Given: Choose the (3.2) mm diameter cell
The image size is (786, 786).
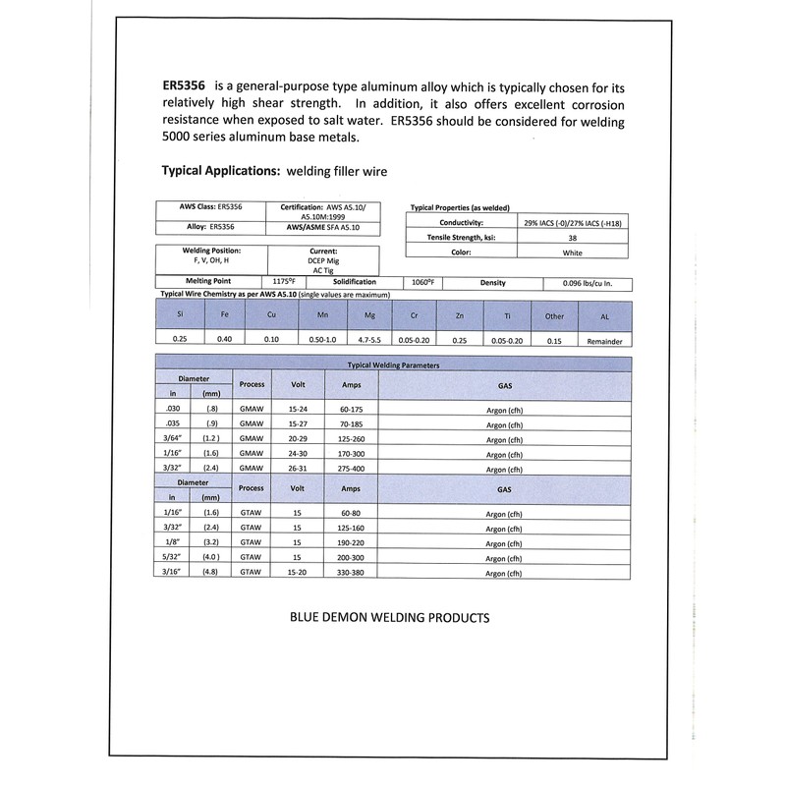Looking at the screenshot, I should click(209, 540).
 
